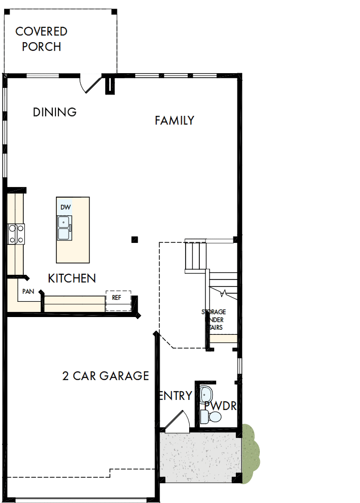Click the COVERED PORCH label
coord(41,39)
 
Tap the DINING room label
coord(54,112)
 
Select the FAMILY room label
coord(174,120)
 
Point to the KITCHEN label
coord(72,278)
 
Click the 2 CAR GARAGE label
coord(106,376)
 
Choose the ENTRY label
coord(176,396)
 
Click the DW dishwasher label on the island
coord(65,207)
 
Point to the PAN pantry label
coord(28,292)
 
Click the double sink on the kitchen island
coord(64,228)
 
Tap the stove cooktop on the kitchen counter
coord(16,234)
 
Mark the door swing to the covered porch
coord(91,84)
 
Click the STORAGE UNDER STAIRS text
coord(214,320)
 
